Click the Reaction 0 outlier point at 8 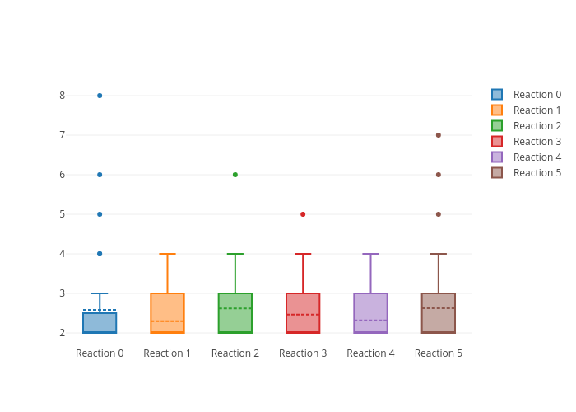[x=100, y=96]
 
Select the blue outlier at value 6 [x=100, y=175]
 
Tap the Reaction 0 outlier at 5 [x=100, y=214]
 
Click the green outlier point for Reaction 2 [x=235, y=175]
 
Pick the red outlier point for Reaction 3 [x=303, y=214]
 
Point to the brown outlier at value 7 [x=439, y=135]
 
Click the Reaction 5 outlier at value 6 [x=439, y=175]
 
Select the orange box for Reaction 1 [x=167, y=305]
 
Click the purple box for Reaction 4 [x=370, y=305]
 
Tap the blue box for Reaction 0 [x=100, y=323]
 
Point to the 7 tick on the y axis [x=62, y=135]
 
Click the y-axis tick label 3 [x=62, y=293]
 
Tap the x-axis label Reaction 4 [x=370, y=353]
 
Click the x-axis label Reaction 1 [x=167, y=353]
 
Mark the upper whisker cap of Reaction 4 [x=370, y=254]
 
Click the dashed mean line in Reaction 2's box [x=235, y=308]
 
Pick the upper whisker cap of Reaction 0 [x=100, y=293]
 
